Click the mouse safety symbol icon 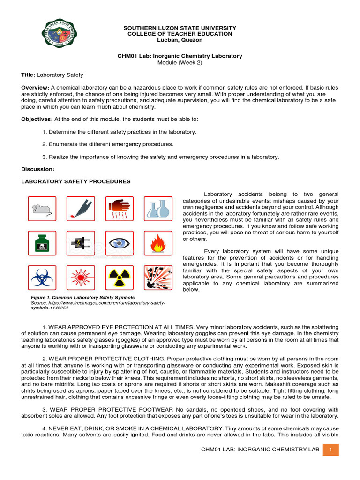pyautogui.click(x=42, y=209)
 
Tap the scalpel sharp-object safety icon pyautogui.click(x=81, y=209)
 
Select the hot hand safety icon pyautogui.click(x=119, y=209)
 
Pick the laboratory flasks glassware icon pyautogui.click(x=157, y=209)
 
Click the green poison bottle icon pyautogui.click(x=42, y=243)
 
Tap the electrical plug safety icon pyautogui.click(x=81, y=243)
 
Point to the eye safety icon pyautogui.click(x=119, y=243)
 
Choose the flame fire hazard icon pyautogui.click(x=157, y=243)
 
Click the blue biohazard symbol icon pyautogui.click(x=42, y=277)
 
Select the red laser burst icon pyautogui.click(x=81, y=277)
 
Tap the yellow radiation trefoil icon pyautogui.click(x=119, y=277)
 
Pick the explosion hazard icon pyautogui.click(x=157, y=277)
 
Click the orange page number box pyautogui.click(x=331, y=450)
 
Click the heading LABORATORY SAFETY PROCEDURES pyautogui.click(x=76, y=181)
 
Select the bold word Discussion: pyautogui.click(x=38, y=169)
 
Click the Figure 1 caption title pyautogui.click(x=82, y=298)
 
